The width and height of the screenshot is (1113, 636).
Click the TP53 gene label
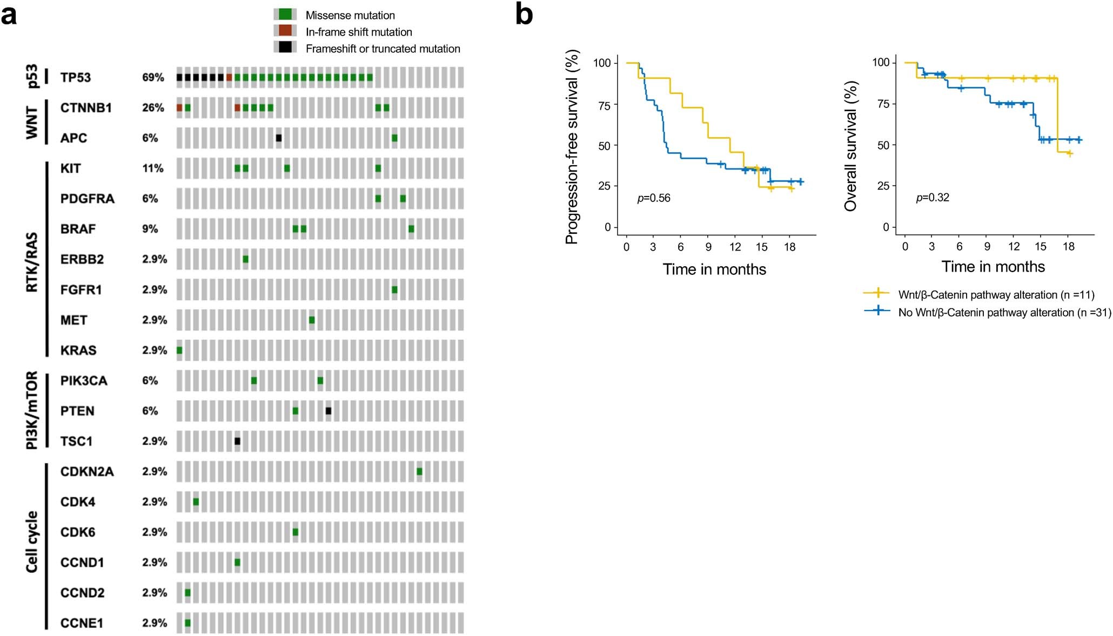(x=75, y=77)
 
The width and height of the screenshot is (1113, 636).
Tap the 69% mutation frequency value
(x=153, y=77)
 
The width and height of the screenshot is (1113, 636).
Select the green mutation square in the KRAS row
(x=179, y=350)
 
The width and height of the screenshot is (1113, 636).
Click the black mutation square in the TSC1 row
(x=237, y=441)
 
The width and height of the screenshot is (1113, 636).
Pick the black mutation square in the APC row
(x=279, y=138)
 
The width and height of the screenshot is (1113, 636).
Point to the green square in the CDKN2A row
(x=420, y=472)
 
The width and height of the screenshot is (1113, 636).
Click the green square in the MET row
(x=312, y=320)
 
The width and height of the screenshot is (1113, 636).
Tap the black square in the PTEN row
(x=328, y=411)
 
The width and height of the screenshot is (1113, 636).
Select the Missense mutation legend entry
(x=350, y=15)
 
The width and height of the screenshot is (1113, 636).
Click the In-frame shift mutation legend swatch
(x=285, y=31)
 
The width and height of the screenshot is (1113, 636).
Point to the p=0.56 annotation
(x=654, y=198)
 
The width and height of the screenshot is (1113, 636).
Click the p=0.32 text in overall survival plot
(x=933, y=198)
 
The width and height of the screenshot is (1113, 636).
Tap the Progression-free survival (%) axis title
(x=572, y=147)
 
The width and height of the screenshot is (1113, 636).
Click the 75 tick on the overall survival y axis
(x=883, y=104)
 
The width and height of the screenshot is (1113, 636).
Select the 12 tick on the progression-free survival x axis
(x=735, y=247)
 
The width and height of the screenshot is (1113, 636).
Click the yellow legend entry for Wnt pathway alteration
(x=996, y=295)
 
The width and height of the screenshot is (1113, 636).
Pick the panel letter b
(x=524, y=15)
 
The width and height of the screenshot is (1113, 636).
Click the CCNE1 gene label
(x=82, y=623)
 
